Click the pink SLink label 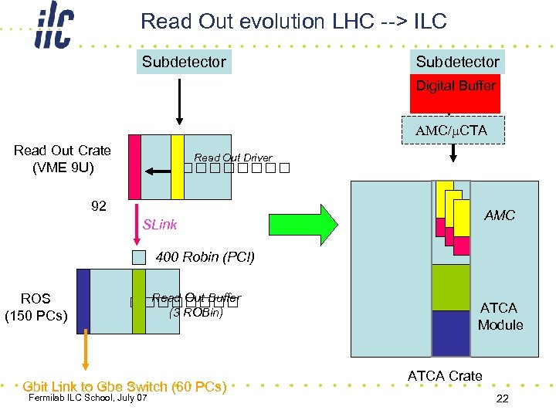pos(160,225)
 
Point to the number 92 pos(99,206)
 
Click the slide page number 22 pos(502,398)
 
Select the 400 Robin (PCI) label pos(205,256)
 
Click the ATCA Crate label pos(445,376)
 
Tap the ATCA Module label pos(500,317)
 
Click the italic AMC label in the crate pos(499,215)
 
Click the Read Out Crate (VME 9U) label pos(62,158)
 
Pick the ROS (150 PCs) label pos(36,307)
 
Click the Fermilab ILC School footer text pos(86,398)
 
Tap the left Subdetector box pos(184,62)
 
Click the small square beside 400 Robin pos(138,257)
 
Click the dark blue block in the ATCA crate pos(451,333)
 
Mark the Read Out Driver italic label pos(232,158)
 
